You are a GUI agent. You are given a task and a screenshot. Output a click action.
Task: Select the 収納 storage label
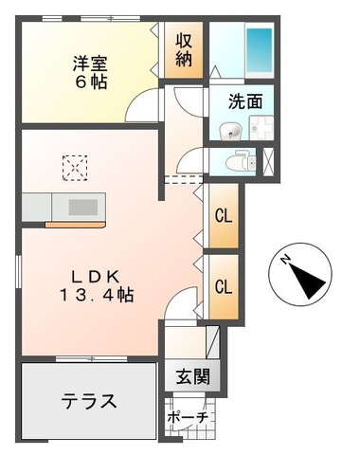[184, 53]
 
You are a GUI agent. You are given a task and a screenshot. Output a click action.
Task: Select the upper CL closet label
[225, 215]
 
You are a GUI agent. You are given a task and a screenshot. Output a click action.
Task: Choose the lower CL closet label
[225, 285]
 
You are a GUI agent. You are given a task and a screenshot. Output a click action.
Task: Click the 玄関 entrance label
[191, 375]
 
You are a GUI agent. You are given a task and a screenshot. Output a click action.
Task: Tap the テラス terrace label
[90, 401]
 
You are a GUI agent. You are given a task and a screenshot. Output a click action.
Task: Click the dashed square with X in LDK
[74, 168]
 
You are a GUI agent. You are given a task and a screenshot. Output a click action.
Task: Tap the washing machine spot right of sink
[258, 131]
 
